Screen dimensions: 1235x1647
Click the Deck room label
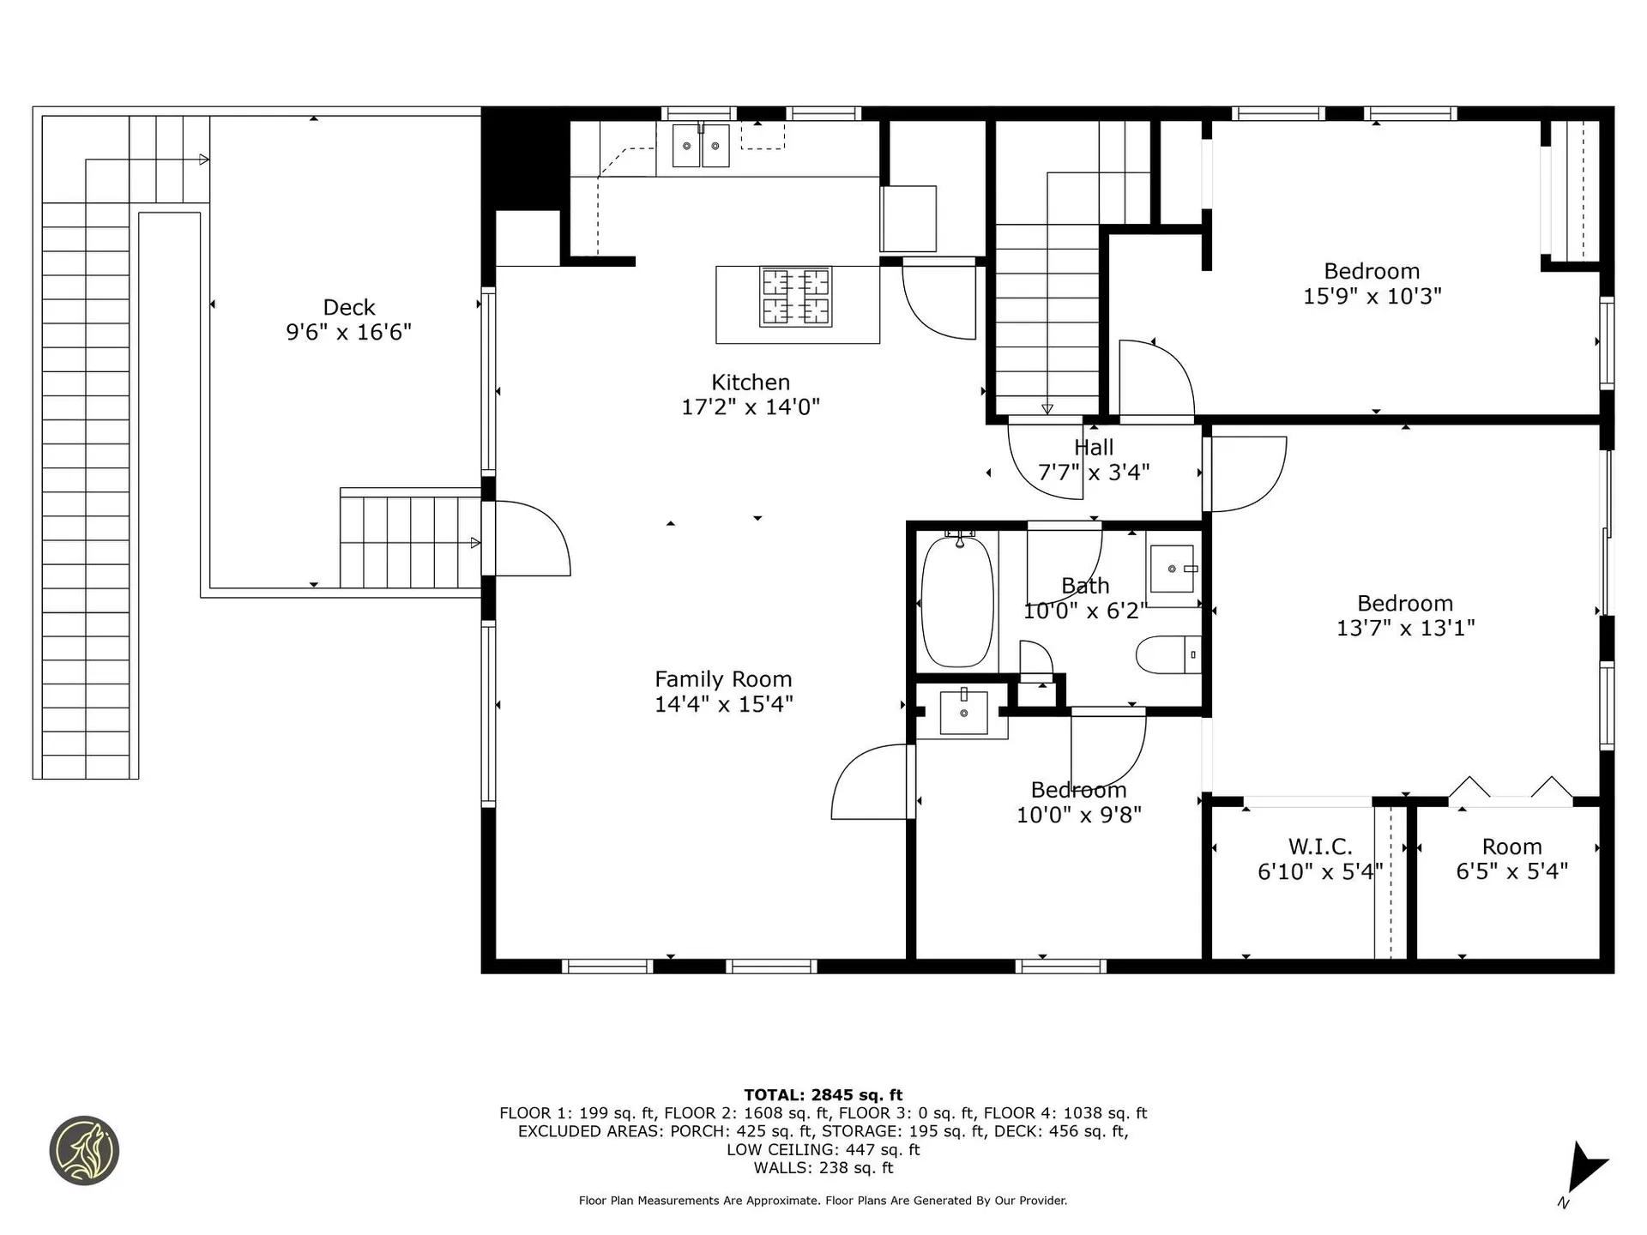348,307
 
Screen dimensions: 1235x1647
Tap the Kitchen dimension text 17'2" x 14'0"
750,407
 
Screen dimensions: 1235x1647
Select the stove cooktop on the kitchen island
795,297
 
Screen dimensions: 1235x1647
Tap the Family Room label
723,679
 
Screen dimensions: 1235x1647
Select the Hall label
1094,447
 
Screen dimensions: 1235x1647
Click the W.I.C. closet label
1319,846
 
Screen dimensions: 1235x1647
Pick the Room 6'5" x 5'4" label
1511,858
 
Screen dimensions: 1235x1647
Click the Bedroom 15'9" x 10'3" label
1372,284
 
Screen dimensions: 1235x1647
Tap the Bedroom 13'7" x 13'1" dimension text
1405,628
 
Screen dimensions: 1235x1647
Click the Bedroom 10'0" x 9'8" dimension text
1078,815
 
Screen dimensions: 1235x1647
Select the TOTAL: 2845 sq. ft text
823,1094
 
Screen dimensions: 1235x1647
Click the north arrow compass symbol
1584,1171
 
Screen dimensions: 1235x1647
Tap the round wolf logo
84,1150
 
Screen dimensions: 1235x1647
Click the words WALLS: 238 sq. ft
823,1167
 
